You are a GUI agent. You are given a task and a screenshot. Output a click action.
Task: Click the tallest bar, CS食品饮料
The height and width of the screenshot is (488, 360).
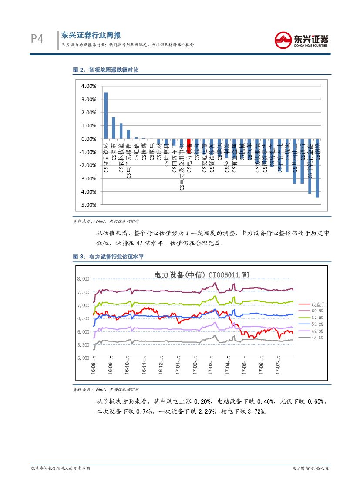[106, 115]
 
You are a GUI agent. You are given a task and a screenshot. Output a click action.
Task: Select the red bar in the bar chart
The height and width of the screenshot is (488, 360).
[189, 141]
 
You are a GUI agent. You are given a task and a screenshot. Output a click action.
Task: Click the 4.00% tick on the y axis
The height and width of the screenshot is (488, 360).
[89, 86]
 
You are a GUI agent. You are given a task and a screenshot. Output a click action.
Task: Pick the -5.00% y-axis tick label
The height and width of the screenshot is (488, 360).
[88, 204]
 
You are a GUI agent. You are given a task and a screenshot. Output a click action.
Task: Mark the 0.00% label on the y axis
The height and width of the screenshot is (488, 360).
[89, 139]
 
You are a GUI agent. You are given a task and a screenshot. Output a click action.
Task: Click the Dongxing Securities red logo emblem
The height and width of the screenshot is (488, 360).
[285, 40]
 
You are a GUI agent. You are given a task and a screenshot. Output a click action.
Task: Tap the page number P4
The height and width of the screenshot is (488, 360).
[37, 39]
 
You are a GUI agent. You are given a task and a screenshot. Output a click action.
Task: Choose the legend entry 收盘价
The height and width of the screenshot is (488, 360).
[318, 304]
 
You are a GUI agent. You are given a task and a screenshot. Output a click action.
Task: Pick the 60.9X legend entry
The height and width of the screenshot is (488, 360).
[317, 311]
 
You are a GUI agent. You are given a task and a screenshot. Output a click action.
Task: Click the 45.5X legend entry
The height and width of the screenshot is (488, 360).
[317, 338]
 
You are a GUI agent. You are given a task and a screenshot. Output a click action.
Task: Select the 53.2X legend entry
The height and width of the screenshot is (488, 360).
[317, 324]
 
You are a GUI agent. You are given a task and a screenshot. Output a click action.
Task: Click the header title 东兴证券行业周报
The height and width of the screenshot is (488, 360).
[91, 36]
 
